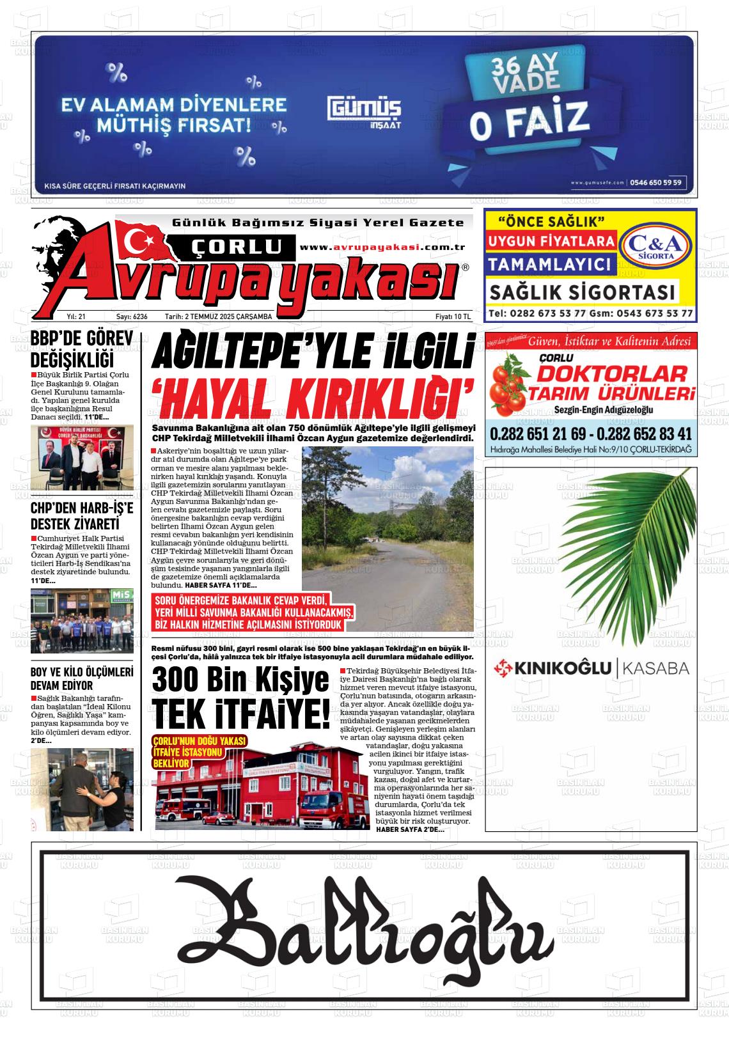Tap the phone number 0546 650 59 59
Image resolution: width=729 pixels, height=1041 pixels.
656,182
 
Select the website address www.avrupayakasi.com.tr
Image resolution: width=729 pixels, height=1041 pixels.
382,247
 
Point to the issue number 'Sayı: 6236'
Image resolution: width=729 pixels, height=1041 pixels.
132,317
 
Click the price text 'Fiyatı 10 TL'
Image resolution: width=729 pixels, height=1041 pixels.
452,317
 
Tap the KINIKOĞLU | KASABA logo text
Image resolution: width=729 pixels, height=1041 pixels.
592,669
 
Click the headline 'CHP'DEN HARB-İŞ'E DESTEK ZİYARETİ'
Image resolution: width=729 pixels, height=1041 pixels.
81,517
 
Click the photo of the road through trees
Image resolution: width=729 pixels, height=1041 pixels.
388,538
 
